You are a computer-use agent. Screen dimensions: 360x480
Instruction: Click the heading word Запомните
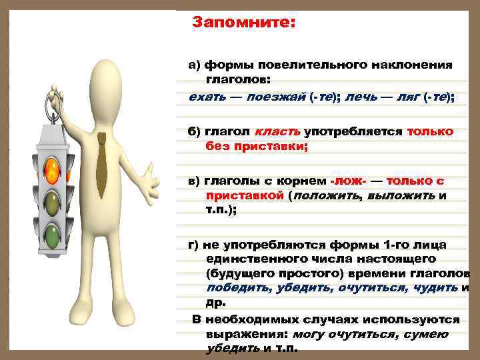tap(243, 22)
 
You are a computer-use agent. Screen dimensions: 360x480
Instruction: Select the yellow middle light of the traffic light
tap(51, 202)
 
